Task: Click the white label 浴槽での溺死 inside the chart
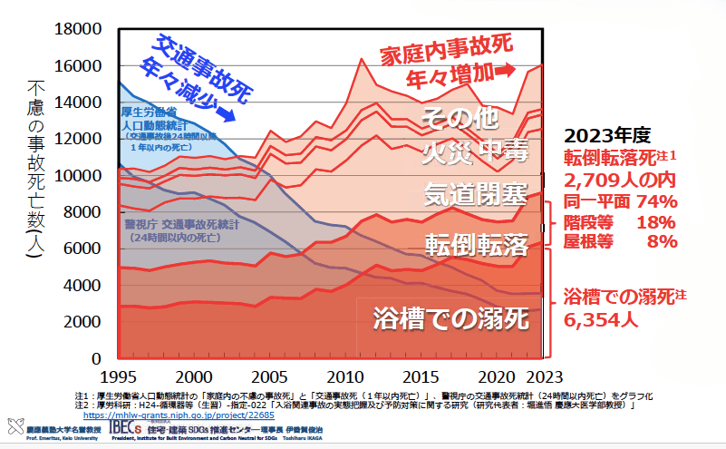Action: tap(449, 318)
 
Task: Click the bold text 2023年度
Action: tap(606, 134)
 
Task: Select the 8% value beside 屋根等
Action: tap(662, 241)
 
